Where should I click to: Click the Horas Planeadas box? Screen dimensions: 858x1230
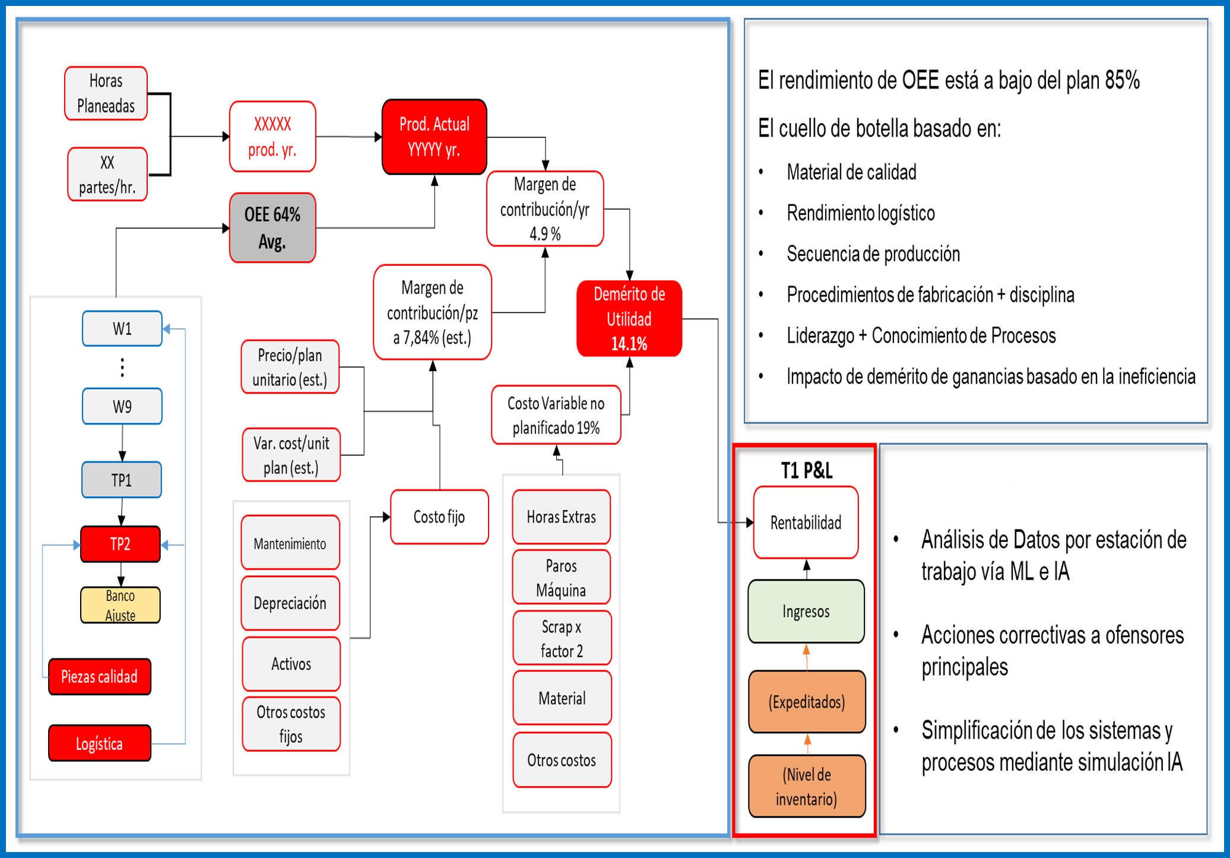(x=106, y=93)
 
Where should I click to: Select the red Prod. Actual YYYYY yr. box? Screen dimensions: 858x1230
(x=434, y=137)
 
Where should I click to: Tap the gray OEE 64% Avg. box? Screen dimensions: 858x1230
(x=272, y=227)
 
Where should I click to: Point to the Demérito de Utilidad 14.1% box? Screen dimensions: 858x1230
(x=629, y=318)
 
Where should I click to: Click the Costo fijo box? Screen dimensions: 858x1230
(x=439, y=517)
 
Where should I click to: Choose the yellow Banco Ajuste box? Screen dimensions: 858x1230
(x=121, y=604)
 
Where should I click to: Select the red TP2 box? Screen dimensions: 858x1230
(x=121, y=544)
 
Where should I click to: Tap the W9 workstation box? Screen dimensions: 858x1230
(x=122, y=406)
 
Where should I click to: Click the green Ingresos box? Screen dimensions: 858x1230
(x=806, y=611)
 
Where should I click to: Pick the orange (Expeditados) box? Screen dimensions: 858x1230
(x=806, y=702)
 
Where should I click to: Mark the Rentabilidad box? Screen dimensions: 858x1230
(x=806, y=523)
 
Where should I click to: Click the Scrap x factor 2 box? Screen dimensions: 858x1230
(x=562, y=638)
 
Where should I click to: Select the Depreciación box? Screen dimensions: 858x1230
(x=290, y=603)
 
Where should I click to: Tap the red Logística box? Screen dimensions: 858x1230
(x=100, y=743)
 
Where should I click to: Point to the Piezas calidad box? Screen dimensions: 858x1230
(x=100, y=676)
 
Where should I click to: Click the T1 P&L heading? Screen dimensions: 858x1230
(x=806, y=470)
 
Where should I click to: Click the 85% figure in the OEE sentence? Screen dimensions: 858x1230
(x=1121, y=80)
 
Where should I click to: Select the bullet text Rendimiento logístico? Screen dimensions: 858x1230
(x=860, y=213)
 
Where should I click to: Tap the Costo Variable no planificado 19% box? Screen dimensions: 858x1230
(x=556, y=415)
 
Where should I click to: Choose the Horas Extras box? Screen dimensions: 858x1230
(x=561, y=517)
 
